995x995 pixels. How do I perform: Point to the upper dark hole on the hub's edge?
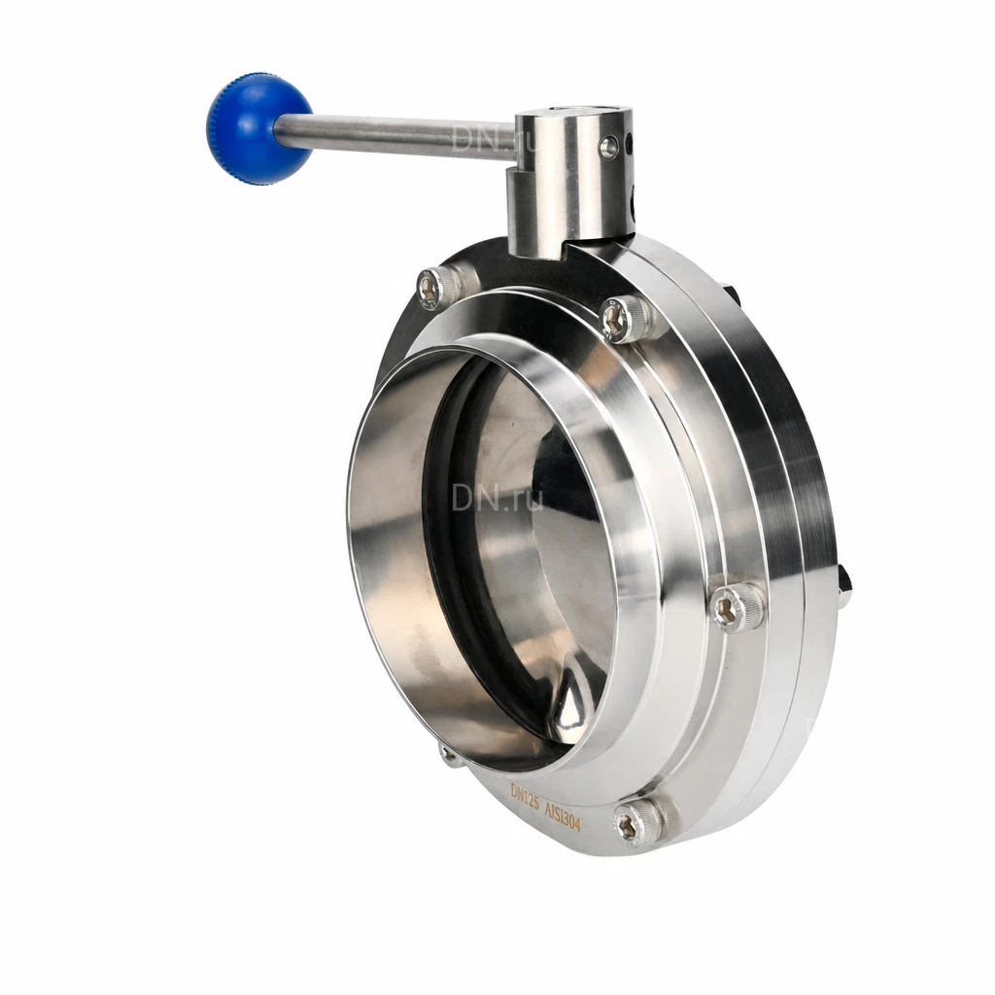(630, 144)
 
